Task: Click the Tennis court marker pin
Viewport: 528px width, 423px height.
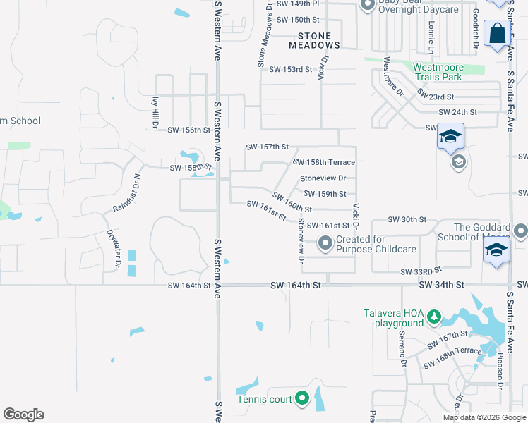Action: (302, 399)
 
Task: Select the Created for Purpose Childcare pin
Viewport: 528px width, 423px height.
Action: (325, 244)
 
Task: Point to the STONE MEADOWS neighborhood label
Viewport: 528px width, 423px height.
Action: (315, 39)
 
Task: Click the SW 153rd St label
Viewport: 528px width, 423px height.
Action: (290, 69)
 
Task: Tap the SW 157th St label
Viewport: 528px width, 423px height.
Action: (268, 147)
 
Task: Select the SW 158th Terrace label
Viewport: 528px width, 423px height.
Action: (324, 162)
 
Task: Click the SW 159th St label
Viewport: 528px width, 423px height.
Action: (325, 194)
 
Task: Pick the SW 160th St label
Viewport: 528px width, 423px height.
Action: (292, 202)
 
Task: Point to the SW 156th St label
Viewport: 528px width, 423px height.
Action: (189, 130)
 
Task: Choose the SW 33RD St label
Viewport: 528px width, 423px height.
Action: (421, 271)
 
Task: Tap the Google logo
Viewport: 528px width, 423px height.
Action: (23, 415)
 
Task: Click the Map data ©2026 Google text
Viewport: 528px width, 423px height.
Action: (484, 417)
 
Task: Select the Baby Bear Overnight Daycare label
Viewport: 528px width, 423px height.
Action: (418, 6)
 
